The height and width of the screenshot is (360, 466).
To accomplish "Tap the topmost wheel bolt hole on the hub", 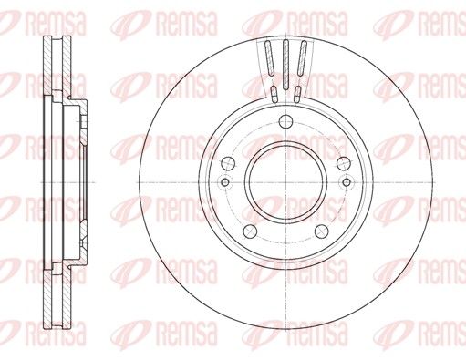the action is tap(285, 121).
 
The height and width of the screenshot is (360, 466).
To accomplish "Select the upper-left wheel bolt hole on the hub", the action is tap(228, 163).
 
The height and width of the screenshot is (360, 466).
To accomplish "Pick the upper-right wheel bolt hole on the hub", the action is tap(344, 163).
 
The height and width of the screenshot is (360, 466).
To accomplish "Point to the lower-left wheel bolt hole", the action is tap(250, 231).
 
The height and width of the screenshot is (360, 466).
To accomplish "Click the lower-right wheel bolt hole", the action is tap(321, 231).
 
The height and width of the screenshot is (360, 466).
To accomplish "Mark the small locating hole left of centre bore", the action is tap(225, 182).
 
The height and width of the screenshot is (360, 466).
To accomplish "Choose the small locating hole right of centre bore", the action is tap(347, 182).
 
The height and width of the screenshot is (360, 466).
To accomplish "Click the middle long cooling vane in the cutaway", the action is tap(285, 65).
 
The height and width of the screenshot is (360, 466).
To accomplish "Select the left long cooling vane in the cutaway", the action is tap(269, 57).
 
